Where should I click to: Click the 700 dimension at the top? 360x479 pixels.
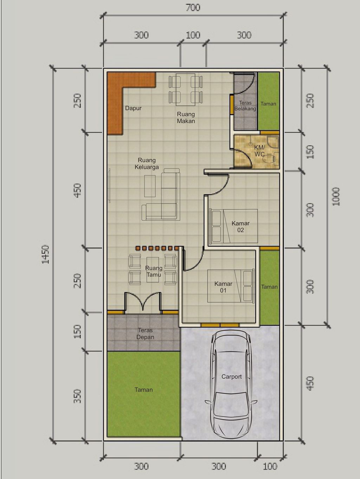(193, 8)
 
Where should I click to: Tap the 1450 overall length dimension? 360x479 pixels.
(46, 254)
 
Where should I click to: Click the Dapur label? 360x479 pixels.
(133, 108)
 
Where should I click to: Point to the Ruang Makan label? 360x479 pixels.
(186, 117)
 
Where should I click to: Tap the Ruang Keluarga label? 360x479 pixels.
(147, 164)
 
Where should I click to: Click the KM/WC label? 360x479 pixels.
(259, 150)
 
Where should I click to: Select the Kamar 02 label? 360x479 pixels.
(240, 227)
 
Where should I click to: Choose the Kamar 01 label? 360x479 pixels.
(223, 287)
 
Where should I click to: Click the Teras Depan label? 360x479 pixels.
(145, 334)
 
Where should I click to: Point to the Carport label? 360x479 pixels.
(231, 376)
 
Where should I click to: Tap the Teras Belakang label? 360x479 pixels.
(245, 105)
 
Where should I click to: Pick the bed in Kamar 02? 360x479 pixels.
(233, 226)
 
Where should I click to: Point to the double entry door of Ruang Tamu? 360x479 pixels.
(143, 302)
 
